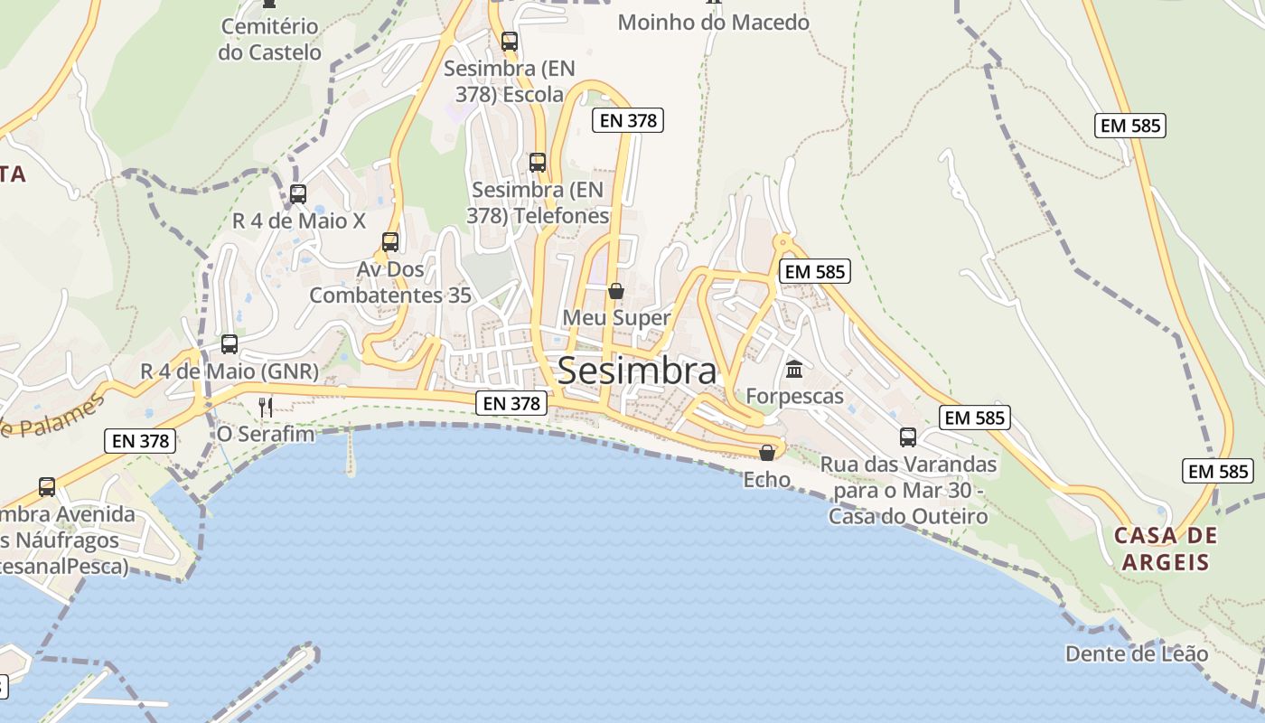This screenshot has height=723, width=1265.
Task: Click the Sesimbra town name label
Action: tap(637, 371)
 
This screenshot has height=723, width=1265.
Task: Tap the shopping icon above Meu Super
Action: tap(616, 291)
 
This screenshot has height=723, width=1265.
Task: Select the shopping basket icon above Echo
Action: tap(767, 453)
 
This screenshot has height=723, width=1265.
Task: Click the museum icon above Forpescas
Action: tap(794, 369)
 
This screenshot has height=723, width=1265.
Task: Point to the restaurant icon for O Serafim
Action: tap(266, 408)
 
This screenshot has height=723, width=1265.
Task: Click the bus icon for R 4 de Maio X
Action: tap(298, 193)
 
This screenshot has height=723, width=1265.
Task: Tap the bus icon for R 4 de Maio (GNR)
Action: tap(230, 344)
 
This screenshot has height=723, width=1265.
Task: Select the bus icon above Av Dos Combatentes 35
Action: tap(390, 242)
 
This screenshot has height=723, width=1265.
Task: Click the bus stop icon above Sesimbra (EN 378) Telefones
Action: tap(538, 163)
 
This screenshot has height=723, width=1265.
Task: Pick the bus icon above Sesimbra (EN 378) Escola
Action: tap(510, 42)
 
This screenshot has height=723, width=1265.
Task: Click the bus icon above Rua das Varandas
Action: tap(908, 437)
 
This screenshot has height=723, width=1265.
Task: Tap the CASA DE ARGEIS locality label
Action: tap(1166, 549)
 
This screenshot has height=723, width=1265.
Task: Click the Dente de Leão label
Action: tap(1136, 653)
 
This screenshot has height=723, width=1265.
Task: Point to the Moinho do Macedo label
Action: tap(713, 23)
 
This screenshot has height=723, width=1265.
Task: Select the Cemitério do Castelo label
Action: tap(269, 39)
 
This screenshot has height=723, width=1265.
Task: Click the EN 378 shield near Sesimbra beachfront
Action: tap(511, 403)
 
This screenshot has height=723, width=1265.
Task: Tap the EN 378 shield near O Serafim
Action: tap(139, 441)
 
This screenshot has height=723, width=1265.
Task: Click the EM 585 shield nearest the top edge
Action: tap(1129, 126)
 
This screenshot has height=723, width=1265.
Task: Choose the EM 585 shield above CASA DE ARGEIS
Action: tap(1217, 471)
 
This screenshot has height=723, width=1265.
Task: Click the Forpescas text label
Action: tap(794, 396)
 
